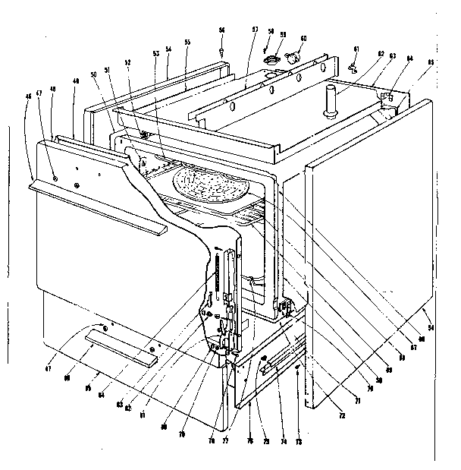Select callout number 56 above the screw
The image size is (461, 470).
tap(221, 30)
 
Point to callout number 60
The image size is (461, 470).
tap(303, 37)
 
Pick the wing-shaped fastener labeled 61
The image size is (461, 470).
tap(353, 68)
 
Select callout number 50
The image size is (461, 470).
tap(93, 74)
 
